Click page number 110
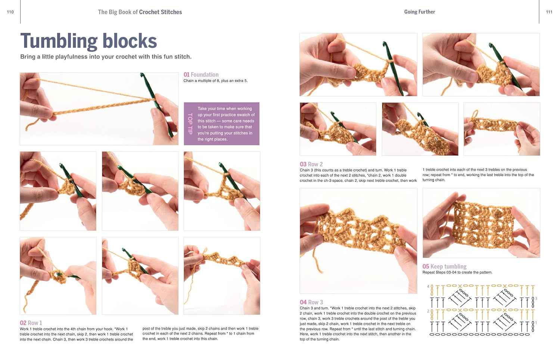point(10,12)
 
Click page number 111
point(549,12)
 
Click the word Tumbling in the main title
point(59,41)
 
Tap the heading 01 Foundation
point(201,74)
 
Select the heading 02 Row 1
point(31,323)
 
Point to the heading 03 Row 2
point(311,164)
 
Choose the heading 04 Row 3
point(311,302)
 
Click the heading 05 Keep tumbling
point(445,267)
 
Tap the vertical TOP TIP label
point(190,124)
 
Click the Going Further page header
point(420,12)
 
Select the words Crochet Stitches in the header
point(161,12)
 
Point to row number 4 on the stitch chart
point(428,286)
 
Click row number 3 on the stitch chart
point(536,298)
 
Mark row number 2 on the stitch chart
point(428,311)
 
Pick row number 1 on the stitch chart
point(536,323)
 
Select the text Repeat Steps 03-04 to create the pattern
point(457,272)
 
